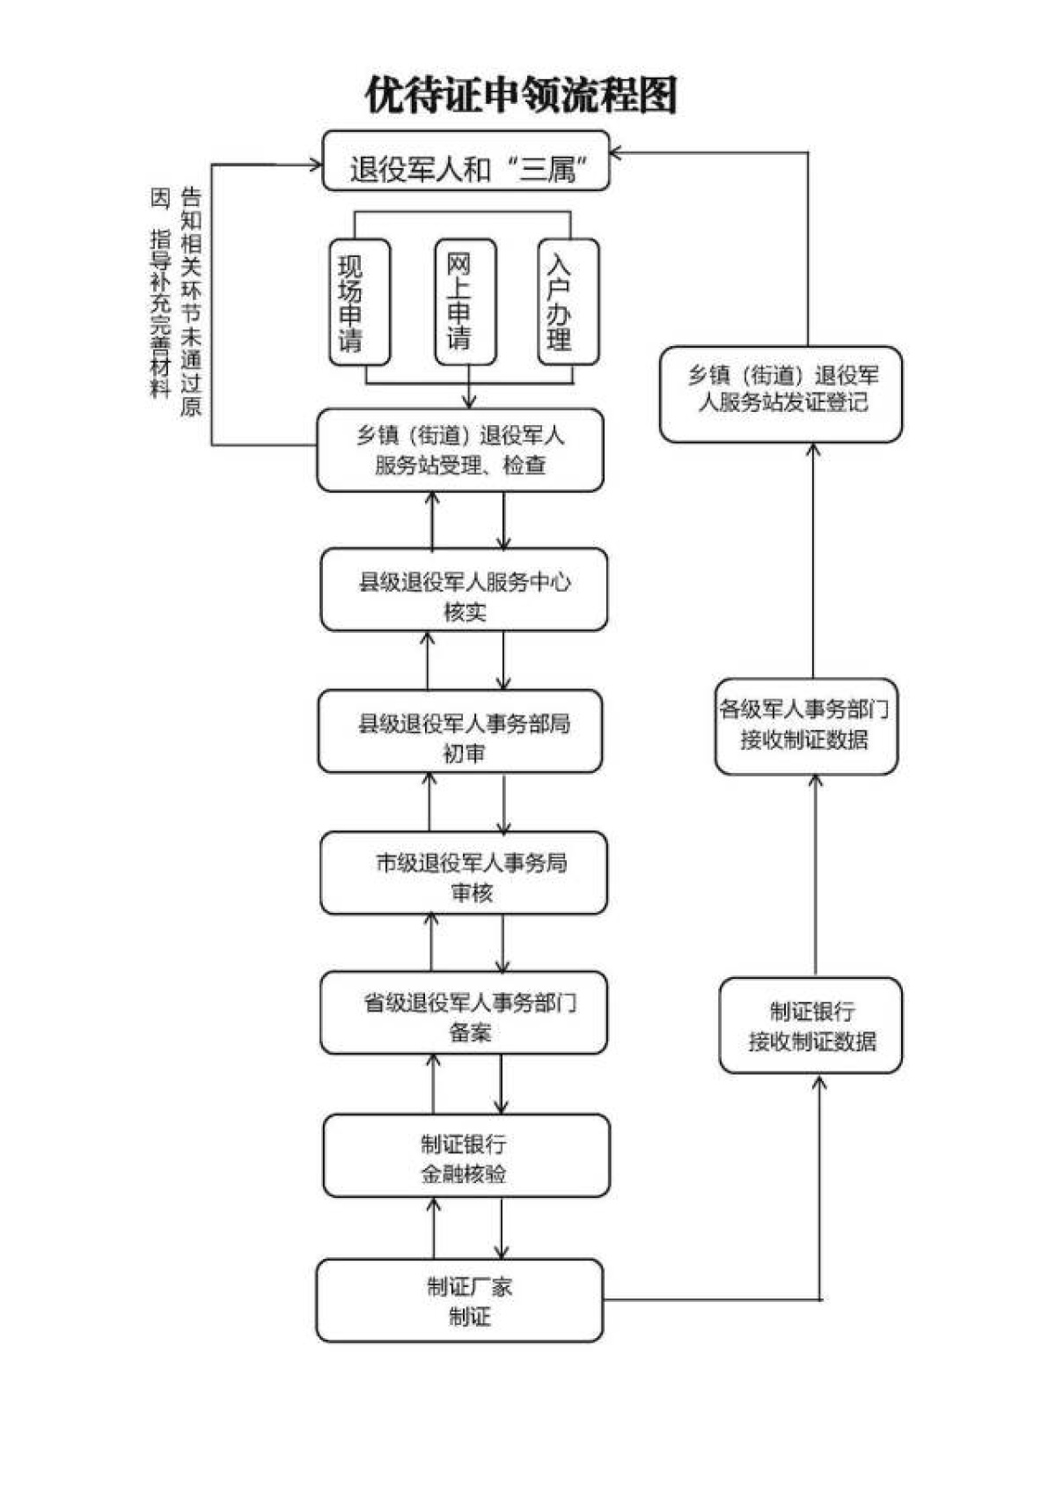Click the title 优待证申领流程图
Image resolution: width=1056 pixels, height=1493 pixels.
521,95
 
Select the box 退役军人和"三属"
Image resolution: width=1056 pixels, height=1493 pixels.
466,161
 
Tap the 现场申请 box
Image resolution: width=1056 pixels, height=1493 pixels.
359,302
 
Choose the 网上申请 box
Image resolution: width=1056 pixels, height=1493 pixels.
466,302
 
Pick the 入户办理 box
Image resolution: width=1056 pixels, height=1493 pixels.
568,302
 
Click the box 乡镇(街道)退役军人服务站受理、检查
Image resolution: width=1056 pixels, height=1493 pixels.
460,450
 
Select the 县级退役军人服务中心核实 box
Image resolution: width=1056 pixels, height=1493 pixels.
464,590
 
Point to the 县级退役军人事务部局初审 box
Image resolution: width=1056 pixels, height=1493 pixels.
460,732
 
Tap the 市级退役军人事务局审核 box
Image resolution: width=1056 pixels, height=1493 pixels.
464,872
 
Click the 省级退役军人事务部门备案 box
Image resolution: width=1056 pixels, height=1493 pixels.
464,1012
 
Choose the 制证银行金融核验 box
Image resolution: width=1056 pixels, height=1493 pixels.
466,1155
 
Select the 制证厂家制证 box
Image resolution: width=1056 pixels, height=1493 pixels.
459,1300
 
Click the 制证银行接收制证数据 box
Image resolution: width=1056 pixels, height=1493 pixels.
810,1026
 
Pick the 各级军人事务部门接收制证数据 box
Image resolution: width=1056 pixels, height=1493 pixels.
806,726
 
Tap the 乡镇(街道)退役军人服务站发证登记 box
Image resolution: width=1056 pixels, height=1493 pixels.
781,394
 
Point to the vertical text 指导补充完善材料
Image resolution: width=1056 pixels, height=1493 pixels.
160,313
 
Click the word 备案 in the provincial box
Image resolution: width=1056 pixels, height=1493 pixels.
470,1032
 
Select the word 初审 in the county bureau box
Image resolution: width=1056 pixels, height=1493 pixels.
463,753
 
